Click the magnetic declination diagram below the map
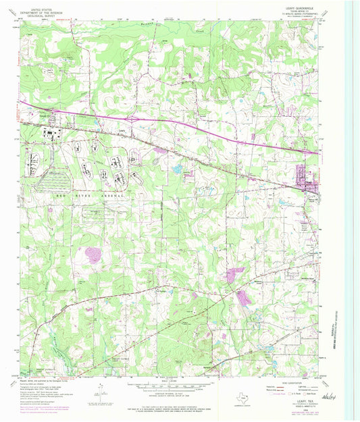click(99, 389)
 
